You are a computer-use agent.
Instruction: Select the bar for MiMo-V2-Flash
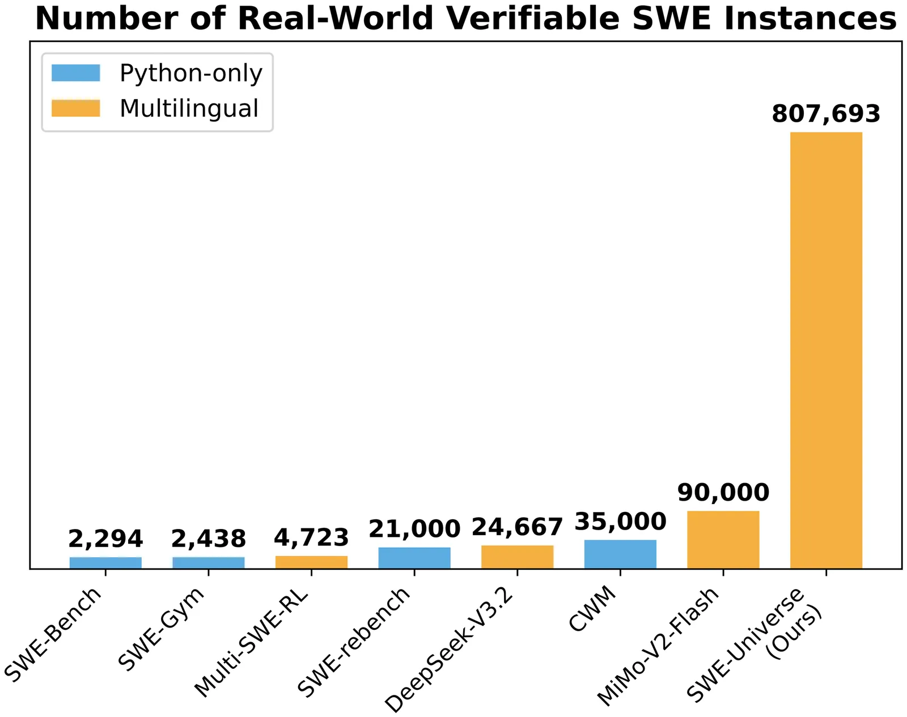723,539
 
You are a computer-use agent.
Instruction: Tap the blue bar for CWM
620,554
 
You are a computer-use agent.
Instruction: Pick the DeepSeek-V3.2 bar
517,557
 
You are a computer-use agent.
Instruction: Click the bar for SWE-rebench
414,557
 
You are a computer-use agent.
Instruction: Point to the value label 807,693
826,114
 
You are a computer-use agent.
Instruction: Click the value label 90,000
723,493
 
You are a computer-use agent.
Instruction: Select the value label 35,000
620,522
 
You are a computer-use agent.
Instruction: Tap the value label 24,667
517,527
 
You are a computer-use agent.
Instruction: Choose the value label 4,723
311,537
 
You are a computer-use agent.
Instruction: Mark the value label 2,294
105,539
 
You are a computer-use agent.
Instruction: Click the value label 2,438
209,539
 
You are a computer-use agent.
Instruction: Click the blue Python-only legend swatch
75,73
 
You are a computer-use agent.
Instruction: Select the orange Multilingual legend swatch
75,108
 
